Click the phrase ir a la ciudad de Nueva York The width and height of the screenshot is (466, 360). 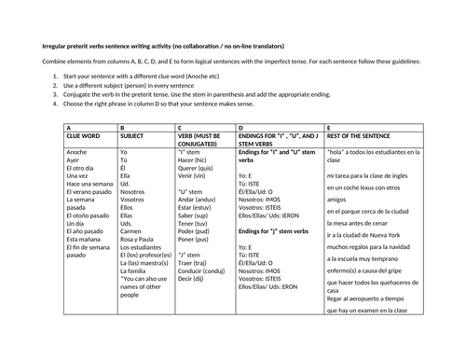point(368,235)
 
